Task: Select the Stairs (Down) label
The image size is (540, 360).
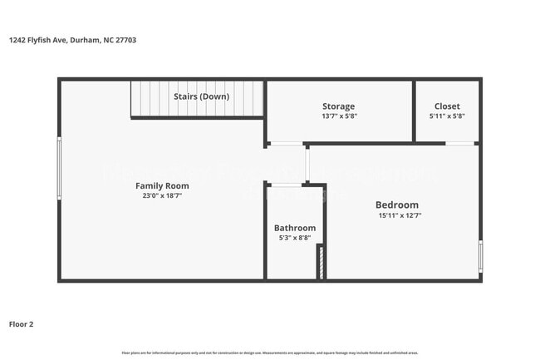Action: tap(201, 96)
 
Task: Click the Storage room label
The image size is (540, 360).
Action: tap(338, 106)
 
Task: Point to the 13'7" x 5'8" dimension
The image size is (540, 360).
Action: tap(338, 116)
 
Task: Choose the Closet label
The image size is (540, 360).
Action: tap(447, 106)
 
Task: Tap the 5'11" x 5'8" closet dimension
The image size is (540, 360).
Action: tap(447, 116)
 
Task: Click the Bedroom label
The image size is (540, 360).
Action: tap(396, 205)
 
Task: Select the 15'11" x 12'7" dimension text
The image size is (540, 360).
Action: tap(396, 215)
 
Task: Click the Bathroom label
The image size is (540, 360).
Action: tap(295, 228)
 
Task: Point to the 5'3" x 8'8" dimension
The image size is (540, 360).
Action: tap(295, 238)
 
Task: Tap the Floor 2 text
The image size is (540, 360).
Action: tap(22, 323)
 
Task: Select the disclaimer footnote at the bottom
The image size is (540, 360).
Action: tap(270, 352)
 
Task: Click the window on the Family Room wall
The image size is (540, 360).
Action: tap(59, 168)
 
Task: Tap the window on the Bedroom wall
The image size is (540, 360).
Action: tap(480, 256)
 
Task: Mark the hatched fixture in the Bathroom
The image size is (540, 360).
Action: tap(319, 261)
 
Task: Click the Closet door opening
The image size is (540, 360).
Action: tap(460, 144)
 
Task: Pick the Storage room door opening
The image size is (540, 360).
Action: tap(286, 144)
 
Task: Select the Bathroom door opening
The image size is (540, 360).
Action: tap(287, 184)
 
